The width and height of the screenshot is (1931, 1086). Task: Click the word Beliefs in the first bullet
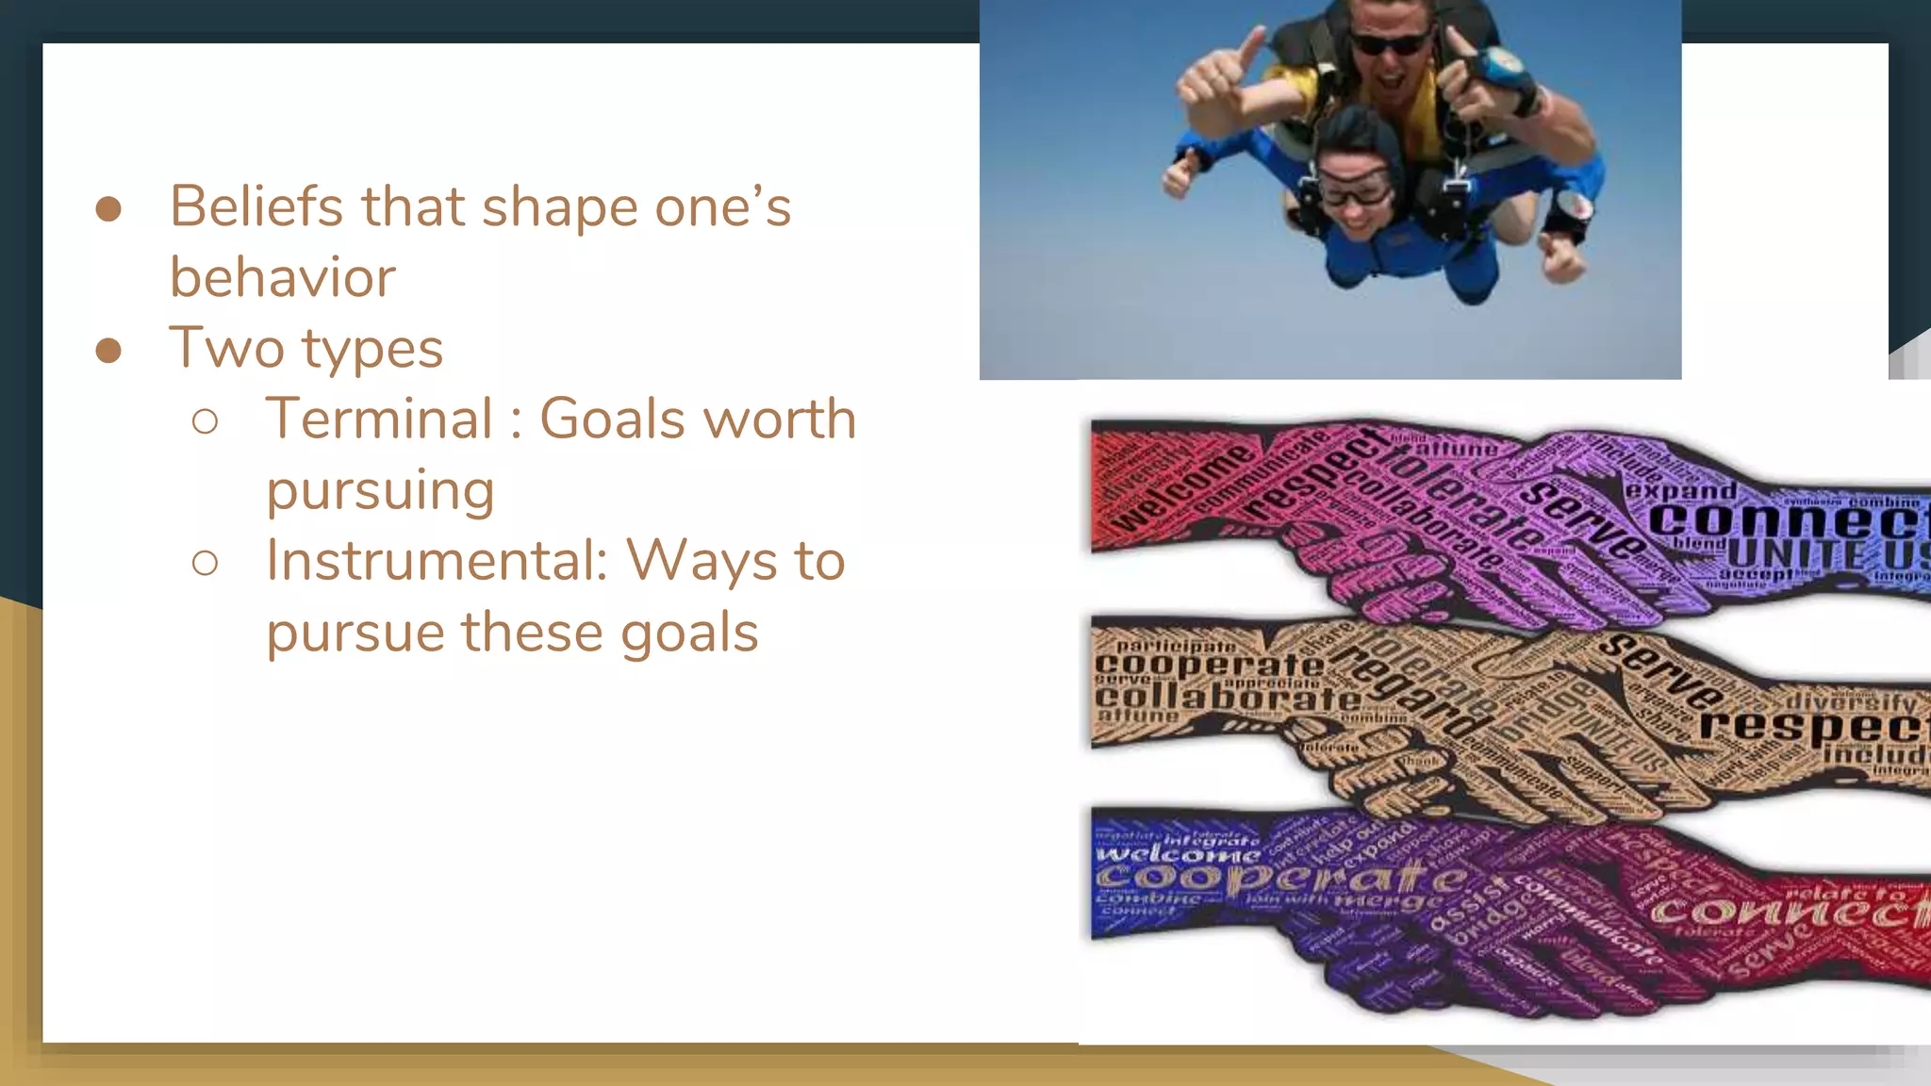(256, 206)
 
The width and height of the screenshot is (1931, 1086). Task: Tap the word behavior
(282, 278)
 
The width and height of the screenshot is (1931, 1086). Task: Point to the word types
(371, 350)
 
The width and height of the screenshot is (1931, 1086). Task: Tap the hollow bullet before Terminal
(205, 421)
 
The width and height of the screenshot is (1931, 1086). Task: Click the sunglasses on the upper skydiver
(1389, 42)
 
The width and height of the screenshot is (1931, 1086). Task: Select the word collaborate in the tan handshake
(1227, 699)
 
